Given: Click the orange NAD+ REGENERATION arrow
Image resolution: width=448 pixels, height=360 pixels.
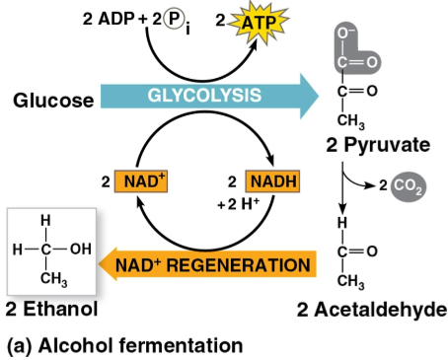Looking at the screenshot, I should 227,265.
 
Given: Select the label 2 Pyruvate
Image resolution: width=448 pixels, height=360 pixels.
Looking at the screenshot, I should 379,145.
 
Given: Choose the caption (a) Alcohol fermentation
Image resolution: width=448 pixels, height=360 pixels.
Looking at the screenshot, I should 124,345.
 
